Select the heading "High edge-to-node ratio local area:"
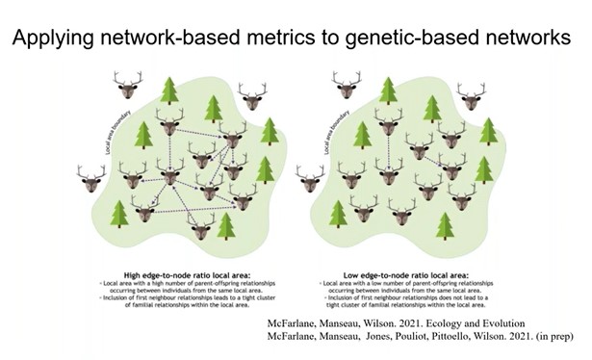pyautogui.click(x=169, y=261)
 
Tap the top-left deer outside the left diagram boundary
pyautogui.click(x=127, y=84)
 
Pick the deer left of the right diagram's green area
pyautogui.click(x=310, y=177)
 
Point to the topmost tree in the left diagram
pyautogui.click(x=169, y=90)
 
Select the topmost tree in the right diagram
pyautogui.click(x=389, y=90)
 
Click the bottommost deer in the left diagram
pyautogui.click(x=201, y=227)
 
